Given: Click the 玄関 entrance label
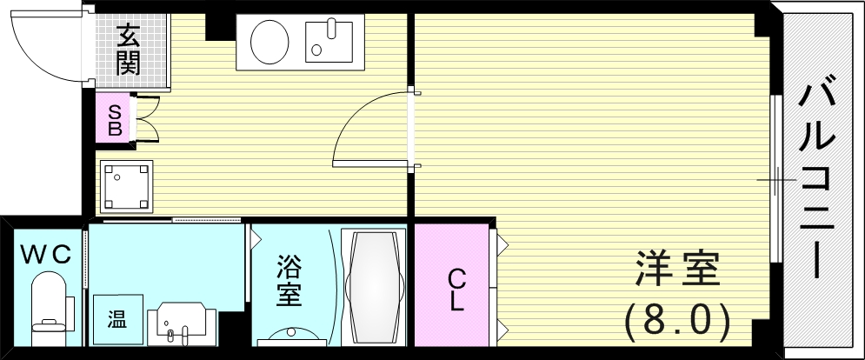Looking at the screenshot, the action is tap(128, 50).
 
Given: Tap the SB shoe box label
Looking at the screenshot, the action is tap(115, 120).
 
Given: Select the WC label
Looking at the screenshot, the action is tap(46, 255).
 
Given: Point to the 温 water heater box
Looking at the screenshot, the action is tap(117, 319).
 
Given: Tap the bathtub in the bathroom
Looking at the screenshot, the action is tap(374, 287).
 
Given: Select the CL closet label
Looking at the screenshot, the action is tap(456, 290).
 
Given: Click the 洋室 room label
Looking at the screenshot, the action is tap(678, 269).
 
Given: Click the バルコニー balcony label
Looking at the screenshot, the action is tap(817, 180).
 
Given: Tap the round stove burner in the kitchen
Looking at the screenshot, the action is tap(269, 43).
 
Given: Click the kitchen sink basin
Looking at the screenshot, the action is tap(329, 42).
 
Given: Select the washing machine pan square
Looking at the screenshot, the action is tap(126, 186).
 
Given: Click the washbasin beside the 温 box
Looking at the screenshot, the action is tap(182, 323).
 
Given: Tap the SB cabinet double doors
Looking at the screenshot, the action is tap(147, 119).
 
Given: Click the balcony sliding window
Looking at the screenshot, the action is tap(776, 178).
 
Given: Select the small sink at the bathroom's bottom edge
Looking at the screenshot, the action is tap(289, 337).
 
